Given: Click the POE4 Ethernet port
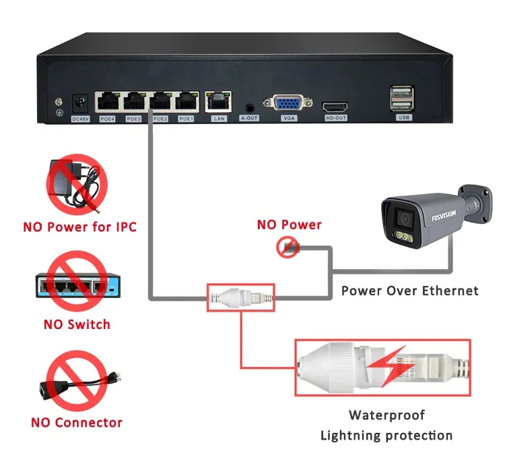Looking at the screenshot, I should (106, 102).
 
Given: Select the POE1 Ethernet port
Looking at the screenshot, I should (186, 102).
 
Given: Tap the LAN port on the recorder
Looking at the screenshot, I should (218, 102).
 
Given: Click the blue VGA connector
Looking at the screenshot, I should (288, 105).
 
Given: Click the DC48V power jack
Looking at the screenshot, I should (81, 105).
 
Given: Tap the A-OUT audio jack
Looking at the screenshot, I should (250, 106).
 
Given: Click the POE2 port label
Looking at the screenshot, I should (160, 119).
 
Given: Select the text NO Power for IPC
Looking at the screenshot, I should (79, 227).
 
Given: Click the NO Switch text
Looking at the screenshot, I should (76, 324).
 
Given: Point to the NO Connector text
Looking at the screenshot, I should (76, 423).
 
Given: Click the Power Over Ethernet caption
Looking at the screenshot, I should (409, 291).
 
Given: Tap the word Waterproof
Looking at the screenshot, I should (386, 415).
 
